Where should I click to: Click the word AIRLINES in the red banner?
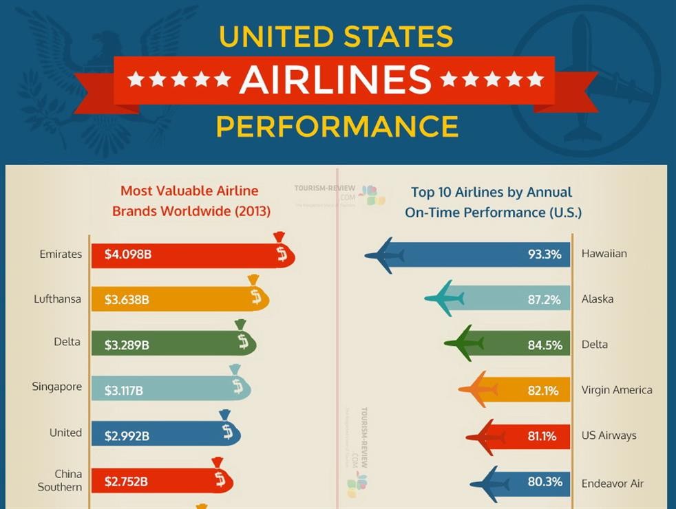pyautogui.click(x=335, y=80)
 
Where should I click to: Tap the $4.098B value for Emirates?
pyautogui.click(x=128, y=254)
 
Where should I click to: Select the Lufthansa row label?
pyautogui.click(x=57, y=299)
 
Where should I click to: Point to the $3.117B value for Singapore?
pyautogui.click(x=124, y=391)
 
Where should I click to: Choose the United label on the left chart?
pyautogui.click(x=65, y=433)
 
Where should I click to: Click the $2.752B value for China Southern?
pyautogui.click(x=126, y=481)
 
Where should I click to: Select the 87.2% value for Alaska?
pyautogui.click(x=544, y=300)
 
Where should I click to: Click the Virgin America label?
pyautogui.click(x=617, y=390)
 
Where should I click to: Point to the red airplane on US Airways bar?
pyautogui.click(x=487, y=436)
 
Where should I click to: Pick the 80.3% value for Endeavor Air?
pyautogui.click(x=545, y=482)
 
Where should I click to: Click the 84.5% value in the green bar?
pyautogui.click(x=545, y=345)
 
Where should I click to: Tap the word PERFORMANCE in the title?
pyautogui.click(x=337, y=127)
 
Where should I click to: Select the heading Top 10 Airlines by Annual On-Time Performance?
pyautogui.click(x=493, y=202)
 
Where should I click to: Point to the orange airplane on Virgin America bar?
pyautogui.click(x=480, y=390)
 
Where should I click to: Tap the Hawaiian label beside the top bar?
pyautogui.click(x=604, y=254)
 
